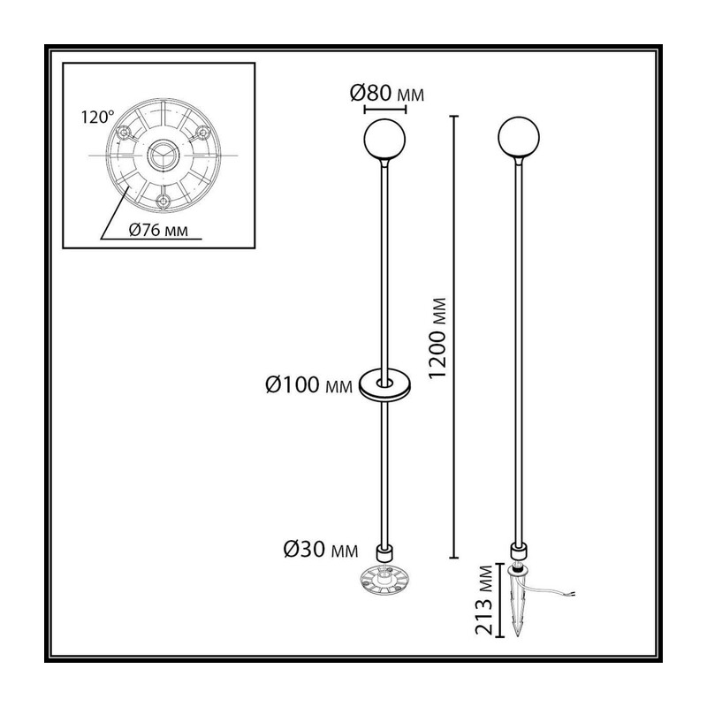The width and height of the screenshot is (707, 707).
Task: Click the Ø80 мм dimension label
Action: click(x=387, y=94)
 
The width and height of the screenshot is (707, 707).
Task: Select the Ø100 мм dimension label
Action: click(x=308, y=385)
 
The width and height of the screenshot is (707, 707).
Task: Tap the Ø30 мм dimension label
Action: click(x=321, y=550)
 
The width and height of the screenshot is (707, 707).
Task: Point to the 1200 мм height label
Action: click(x=437, y=338)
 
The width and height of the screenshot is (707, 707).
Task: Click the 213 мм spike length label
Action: click(x=484, y=600)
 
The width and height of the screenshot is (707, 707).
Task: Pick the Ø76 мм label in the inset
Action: click(x=158, y=230)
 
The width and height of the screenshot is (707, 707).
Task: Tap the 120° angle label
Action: click(x=97, y=118)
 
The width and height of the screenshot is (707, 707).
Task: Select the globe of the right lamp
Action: click(x=519, y=138)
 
